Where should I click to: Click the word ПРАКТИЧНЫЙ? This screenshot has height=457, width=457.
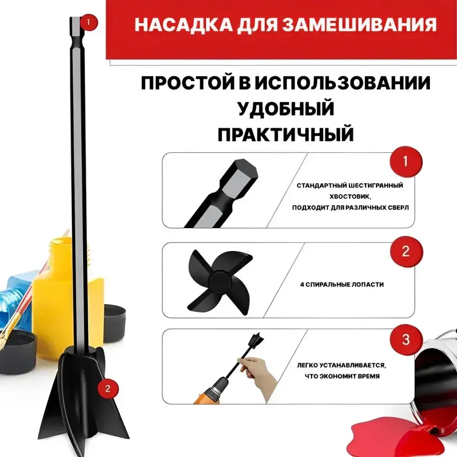(286, 134)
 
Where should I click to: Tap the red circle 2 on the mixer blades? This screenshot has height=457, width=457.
(108, 389)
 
